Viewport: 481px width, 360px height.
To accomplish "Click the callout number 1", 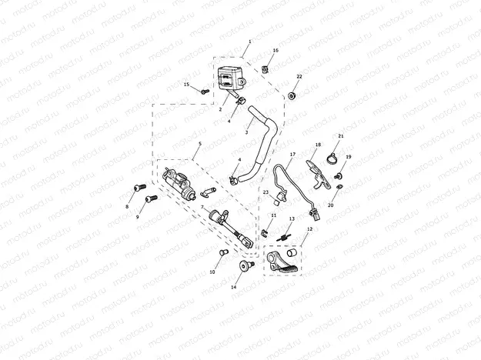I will pos(249,41).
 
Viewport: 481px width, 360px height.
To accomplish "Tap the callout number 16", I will pos(276,50).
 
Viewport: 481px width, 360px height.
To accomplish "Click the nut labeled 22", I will pos(293,95).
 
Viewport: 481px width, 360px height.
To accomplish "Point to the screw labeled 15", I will pos(205,92).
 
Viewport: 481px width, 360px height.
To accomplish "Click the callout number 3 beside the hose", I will pos(246,132).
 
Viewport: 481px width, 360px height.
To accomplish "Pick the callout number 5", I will pos(200,144).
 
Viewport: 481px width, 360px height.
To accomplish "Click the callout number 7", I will pos(202,207).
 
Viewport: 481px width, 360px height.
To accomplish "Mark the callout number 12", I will pos(309,229).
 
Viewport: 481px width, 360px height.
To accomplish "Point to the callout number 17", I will pos(292,155).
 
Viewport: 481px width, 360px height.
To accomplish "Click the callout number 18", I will pos(318,145).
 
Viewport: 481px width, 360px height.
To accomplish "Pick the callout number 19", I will pos(348,157).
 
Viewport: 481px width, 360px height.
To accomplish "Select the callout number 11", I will pos(273,215).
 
